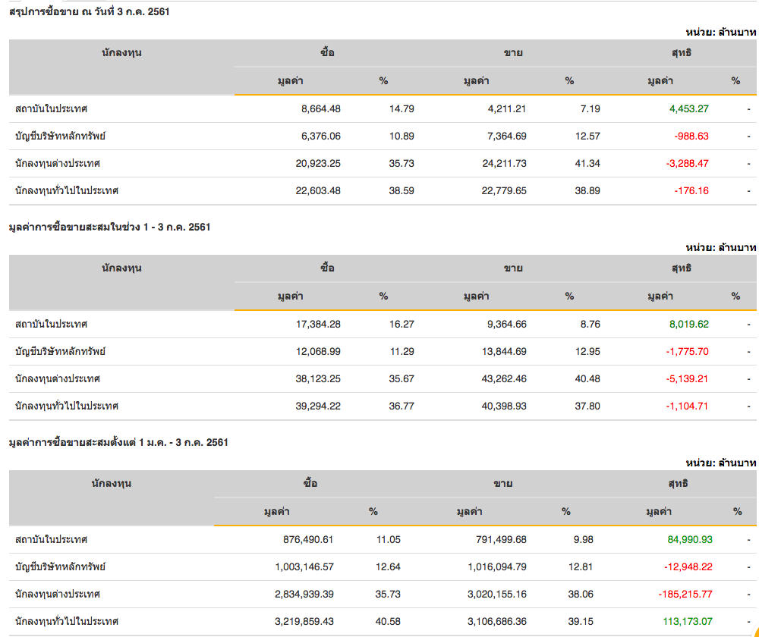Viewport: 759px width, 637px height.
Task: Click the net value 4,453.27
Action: point(688,108)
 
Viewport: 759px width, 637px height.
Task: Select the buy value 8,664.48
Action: point(320,108)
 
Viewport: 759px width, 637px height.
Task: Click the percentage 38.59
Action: point(402,190)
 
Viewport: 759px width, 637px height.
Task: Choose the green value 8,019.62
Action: point(688,324)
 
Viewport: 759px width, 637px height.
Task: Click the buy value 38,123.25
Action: point(318,378)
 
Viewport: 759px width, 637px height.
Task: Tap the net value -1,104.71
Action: point(687,406)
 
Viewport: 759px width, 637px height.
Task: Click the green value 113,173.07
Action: point(688,621)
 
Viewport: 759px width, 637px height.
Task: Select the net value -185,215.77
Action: point(685,594)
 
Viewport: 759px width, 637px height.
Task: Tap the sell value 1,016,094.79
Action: point(493,566)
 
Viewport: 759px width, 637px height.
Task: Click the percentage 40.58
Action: point(388,621)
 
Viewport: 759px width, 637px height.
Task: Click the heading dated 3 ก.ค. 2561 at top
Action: point(83,11)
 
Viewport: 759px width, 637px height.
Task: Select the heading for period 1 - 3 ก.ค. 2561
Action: point(109,227)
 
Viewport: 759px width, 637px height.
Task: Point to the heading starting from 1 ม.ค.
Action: point(118,442)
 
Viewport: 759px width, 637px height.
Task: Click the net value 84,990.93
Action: point(690,539)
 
